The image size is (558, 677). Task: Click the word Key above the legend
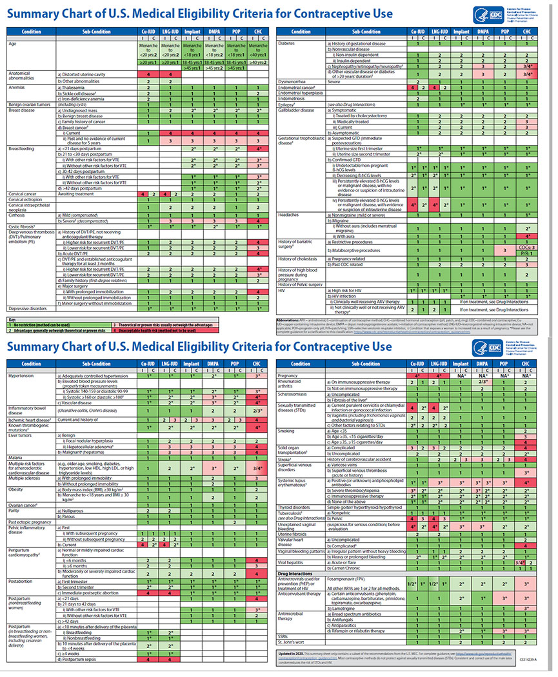pos(11,319)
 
